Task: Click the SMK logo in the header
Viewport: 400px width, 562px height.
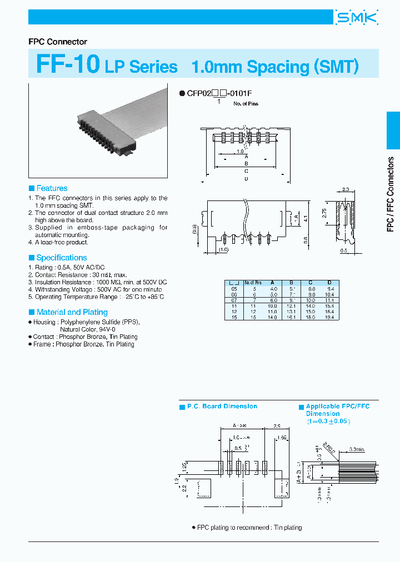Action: pyautogui.click(x=356, y=18)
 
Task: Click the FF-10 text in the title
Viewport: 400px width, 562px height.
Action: pyautogui.click(x=68, y=64)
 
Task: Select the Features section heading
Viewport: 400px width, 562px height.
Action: pyautogui.click(x=52, y=188)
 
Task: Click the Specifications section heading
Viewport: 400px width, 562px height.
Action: pyautogui.click(x=61, y=258)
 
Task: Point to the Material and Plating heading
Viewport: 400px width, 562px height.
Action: pyautogui.click(x=72, y=312)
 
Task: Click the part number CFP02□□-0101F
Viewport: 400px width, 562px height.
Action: pyautogui.click(x=221, y=94)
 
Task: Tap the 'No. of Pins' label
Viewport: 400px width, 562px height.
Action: pyautogui.click(x=246, y=104)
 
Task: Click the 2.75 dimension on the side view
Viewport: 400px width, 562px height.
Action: pyautogui.click(x=323, y=213)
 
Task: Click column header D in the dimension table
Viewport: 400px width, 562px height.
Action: pyautogui.click(x=329, y=282)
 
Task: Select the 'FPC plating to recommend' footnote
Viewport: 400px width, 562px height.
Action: pyautogui.click(x=249, y=528)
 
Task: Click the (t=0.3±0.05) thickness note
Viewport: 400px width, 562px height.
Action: pyautogui.click(x=330, y=421)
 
